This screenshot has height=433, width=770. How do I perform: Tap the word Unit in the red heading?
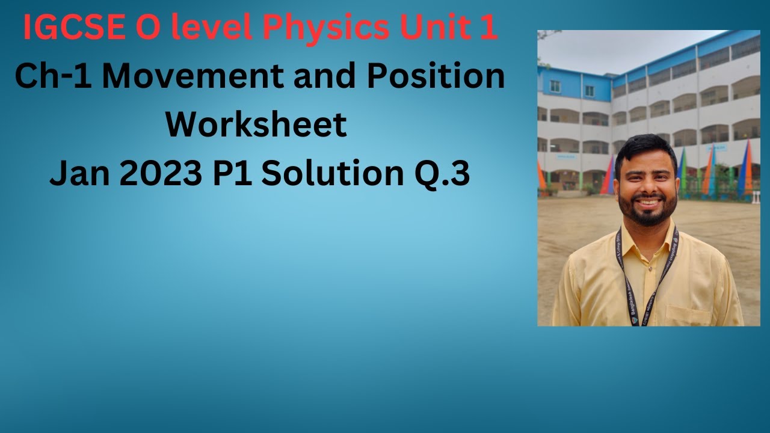(436, 28)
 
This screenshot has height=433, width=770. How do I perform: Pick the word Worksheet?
(256, 124)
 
